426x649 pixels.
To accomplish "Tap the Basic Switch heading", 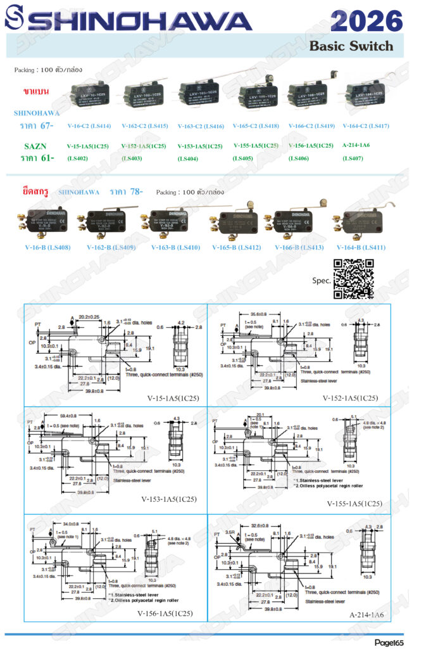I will (351, 46).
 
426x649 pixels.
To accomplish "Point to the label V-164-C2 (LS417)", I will (366, 126).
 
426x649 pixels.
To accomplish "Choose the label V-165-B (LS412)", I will (237, 247).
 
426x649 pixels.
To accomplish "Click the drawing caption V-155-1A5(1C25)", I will (354, 504).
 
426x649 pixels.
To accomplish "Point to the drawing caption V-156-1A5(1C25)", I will (165, 613).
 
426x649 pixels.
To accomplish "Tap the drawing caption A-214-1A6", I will (367, 614).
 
